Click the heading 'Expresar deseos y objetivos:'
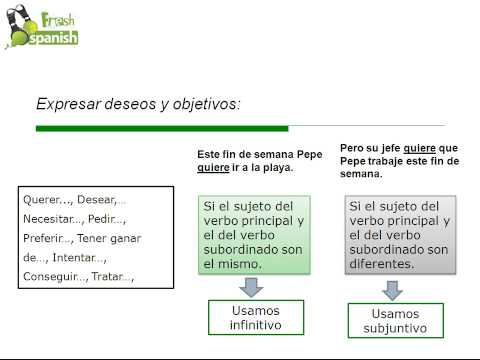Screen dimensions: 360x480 (138, 103)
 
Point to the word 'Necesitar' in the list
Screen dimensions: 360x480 (48, 219)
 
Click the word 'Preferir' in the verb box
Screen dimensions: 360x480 (45, 238)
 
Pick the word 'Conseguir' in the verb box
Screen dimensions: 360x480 (52, 276)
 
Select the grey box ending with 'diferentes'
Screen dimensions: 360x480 (400, 235)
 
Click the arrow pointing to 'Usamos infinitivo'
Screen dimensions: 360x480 (255, 286)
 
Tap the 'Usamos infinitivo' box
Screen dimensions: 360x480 (255, 317)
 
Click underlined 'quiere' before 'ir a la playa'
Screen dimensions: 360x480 (212, 168)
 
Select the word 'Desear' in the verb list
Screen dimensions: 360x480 (98, 200)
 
